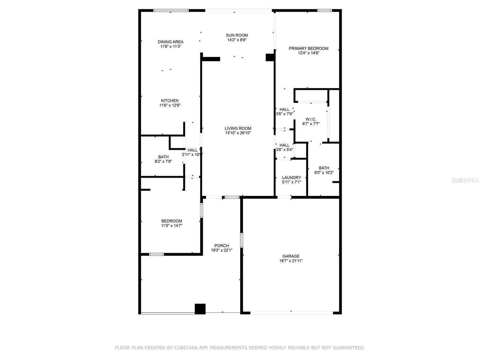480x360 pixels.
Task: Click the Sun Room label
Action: [237, 35]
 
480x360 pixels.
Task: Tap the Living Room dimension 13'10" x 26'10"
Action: [238, 133]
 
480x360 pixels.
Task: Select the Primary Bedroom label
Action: [308, 48]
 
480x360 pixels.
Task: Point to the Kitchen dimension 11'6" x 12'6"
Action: [170, 105]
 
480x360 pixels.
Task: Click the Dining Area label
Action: [170, 42]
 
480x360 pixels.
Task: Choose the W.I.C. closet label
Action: [311, 119]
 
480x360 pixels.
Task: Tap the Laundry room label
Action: [291, 177]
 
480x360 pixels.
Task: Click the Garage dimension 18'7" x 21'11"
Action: [291, 261]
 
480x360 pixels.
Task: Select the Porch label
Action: [221, 245]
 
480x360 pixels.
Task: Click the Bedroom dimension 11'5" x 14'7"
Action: [172, 226]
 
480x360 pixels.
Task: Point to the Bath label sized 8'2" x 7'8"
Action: [163, 157]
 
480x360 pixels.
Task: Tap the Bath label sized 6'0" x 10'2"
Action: [324, 168]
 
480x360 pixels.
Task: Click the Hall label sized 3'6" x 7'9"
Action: [284, 109]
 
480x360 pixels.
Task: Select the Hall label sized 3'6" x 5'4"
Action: [284, 145]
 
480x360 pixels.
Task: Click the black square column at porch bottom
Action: [200, 309]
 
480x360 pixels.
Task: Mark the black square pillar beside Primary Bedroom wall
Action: [270, 57]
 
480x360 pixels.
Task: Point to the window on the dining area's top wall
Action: [171, 10]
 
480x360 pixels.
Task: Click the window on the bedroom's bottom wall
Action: [157, 254]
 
